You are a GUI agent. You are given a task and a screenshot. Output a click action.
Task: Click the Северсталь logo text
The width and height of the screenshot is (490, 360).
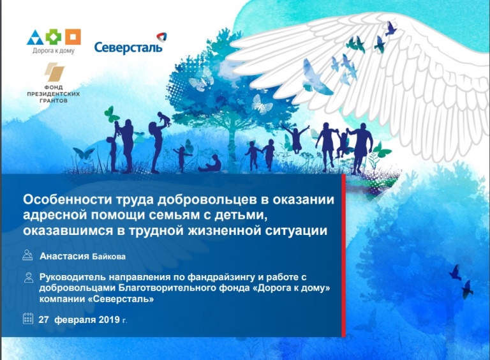tap(128, 47)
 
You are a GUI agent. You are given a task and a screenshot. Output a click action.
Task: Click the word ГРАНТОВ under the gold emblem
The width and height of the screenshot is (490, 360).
tap(54, 101)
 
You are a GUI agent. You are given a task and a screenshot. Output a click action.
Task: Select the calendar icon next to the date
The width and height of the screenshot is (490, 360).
tap(27, 318)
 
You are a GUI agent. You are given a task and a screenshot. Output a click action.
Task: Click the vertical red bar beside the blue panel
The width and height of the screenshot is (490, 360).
tap(343, 255)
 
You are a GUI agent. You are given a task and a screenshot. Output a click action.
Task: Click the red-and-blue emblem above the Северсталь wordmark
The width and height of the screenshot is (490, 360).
tap(160, 38)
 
